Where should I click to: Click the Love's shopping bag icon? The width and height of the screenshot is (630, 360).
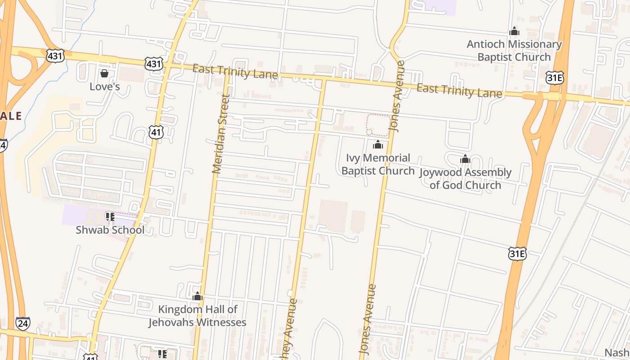coord(104,73)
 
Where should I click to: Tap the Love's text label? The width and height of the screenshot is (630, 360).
coord(104,86)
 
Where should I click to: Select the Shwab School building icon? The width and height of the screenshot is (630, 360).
coord(110,217)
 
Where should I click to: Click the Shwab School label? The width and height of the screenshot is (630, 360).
coord(110,230)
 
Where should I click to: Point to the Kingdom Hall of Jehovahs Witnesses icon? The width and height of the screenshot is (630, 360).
coord(198,297)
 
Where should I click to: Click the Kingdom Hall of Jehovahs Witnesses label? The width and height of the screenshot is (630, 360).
coord(198,316)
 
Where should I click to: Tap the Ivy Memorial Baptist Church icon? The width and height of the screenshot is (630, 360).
coord(378,145)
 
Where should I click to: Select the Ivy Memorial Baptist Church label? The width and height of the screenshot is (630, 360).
coord(378,164)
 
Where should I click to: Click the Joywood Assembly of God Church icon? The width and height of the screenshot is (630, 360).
coord(465,159)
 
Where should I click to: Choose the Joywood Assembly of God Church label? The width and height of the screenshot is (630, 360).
coord(465,179)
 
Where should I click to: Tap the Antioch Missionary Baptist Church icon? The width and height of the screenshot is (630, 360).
coord(514,31)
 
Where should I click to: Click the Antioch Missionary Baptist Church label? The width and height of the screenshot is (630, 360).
coord(514,50)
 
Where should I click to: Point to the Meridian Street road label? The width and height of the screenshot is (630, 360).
coord(221,134)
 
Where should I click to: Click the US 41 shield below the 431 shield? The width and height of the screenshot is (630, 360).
coord(156,132)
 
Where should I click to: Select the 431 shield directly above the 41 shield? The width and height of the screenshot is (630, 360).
coord(154,64)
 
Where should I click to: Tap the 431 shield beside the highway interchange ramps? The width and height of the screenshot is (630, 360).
coord(55,56)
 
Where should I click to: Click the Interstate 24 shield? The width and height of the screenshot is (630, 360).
coord(22,323)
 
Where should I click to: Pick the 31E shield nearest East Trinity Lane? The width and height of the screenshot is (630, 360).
coord(554,77)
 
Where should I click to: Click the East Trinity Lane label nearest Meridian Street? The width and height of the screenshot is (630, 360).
coord(235,72)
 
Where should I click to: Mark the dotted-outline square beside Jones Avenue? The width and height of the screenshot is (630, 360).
coord(378,125)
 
